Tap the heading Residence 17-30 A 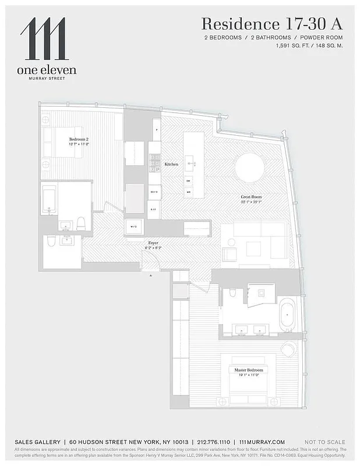point(271,24)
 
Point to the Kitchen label point(171,164)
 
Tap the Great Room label point(250,197)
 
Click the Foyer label point(153,242)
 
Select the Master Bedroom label point(249,370)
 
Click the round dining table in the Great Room point(253,168)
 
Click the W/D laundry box point(133,227)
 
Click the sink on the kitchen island point(189,164)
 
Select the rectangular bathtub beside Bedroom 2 point(48,200)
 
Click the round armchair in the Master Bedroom point(288,349)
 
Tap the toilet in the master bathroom point(232,292)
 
